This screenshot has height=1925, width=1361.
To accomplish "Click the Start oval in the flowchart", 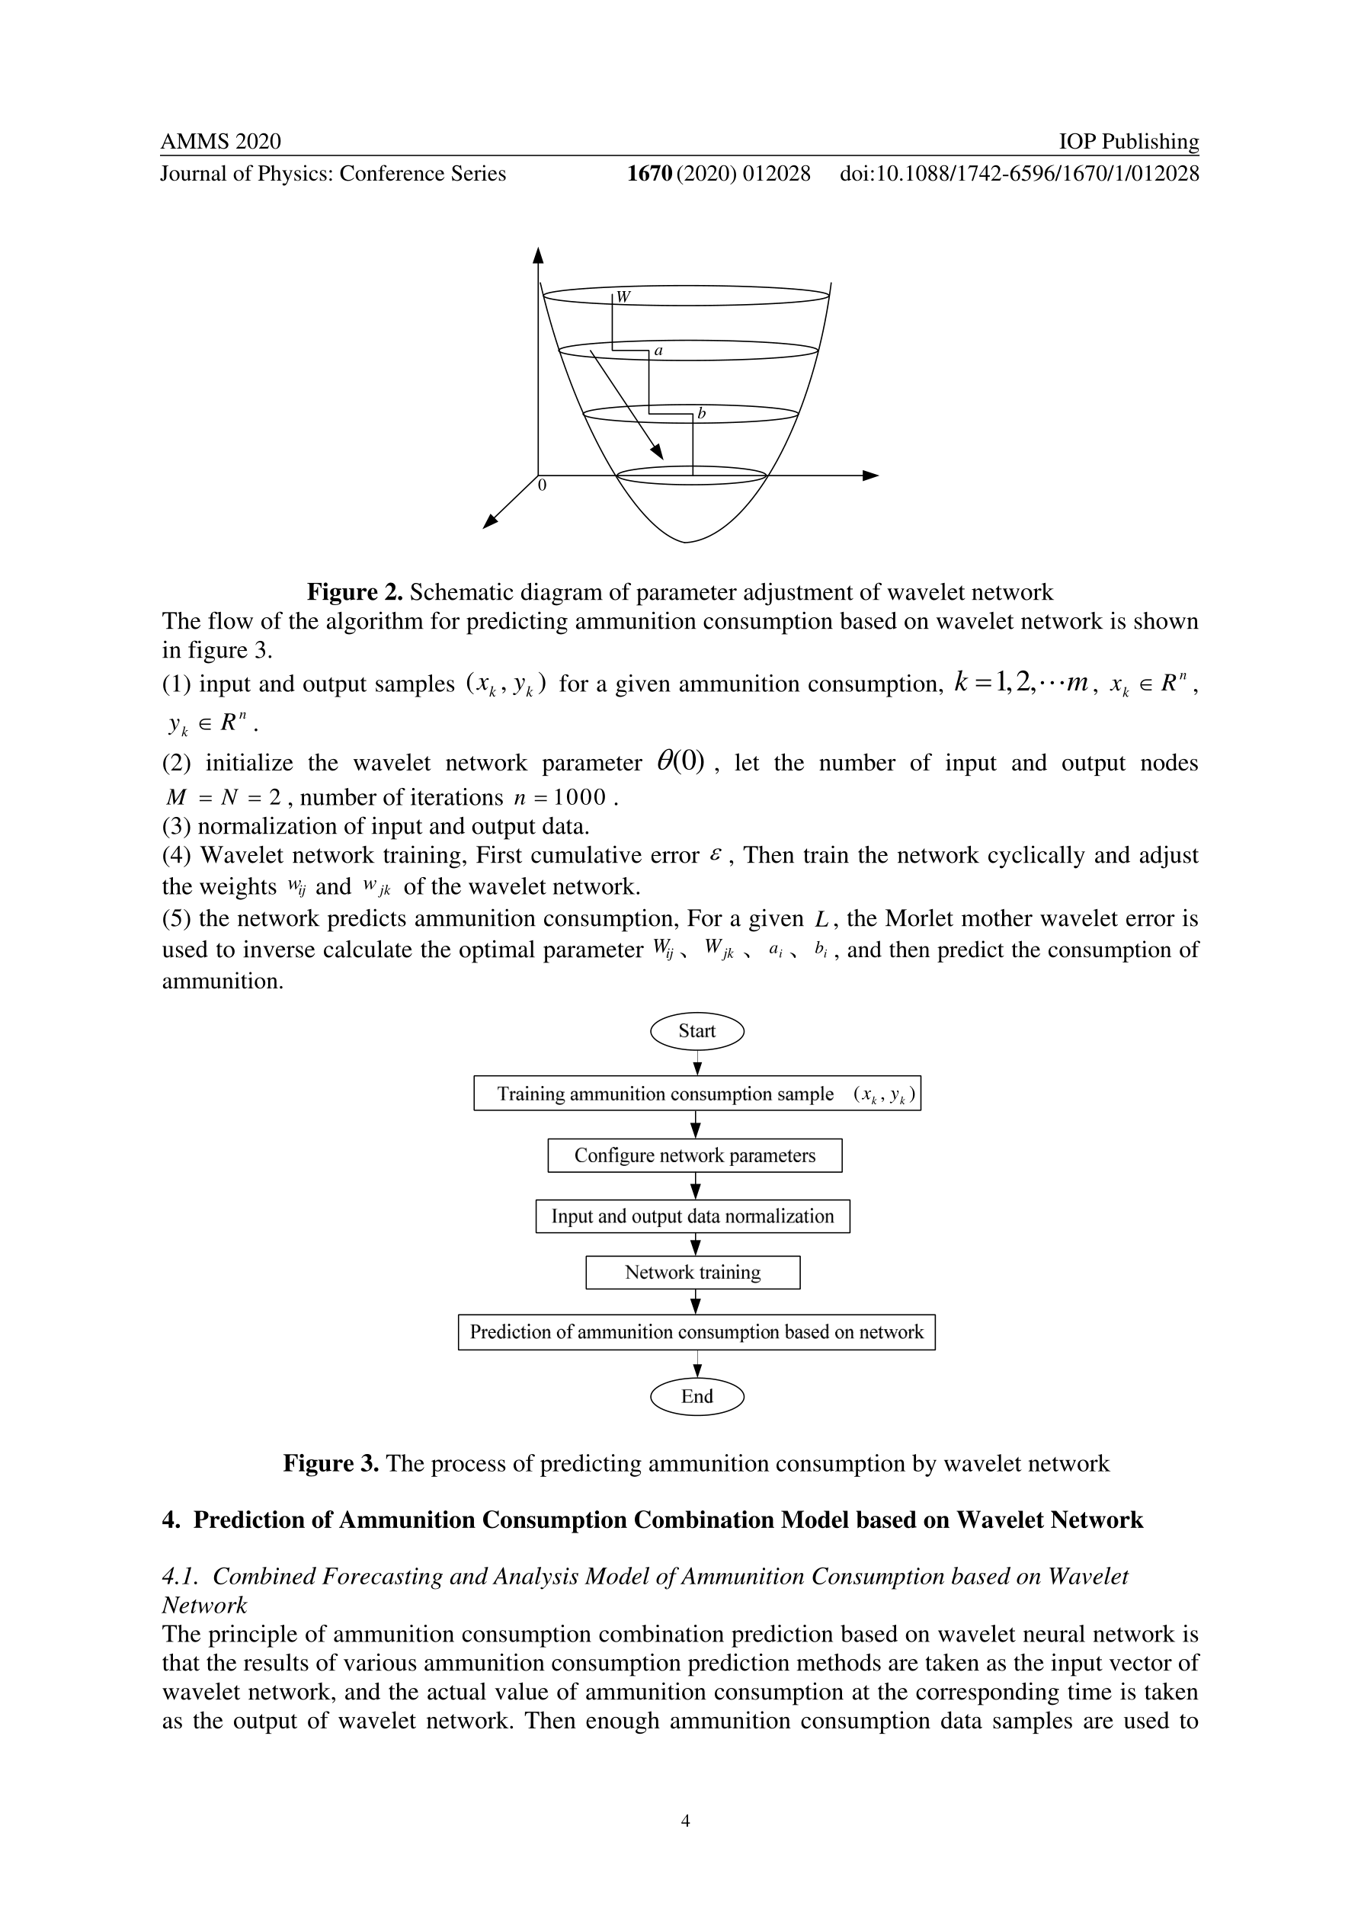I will (x=697, y=1031).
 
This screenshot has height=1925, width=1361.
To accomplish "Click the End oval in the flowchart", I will (x=697, y=1397).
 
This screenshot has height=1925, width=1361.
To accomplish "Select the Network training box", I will (x=693, y=1273).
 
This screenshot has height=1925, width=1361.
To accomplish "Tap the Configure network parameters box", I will (x=694, y=1155).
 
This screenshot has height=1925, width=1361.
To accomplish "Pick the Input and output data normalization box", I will (x=693, y=1216).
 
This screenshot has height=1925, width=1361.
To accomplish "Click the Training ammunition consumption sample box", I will (x=697, y=1094).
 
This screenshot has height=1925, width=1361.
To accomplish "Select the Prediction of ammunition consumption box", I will (x=696, y=1332).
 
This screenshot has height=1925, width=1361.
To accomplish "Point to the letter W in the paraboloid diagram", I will (x=623, y=296).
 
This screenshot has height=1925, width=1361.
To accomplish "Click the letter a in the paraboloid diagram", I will (x=658, y=351).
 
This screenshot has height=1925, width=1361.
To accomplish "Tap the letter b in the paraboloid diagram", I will (x=702, y=413).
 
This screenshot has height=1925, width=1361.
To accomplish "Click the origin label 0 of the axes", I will (x=543, y=485).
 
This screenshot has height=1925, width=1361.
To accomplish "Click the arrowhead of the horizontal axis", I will (x=871, y=476).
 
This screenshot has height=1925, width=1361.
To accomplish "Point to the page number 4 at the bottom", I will (x=685, y=1843).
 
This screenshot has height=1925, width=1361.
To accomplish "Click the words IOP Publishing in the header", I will (x=1129, y=142).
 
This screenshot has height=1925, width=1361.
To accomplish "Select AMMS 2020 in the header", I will (x=220, y=142).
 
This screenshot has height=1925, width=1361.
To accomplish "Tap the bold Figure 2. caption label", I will (x=354, y=593).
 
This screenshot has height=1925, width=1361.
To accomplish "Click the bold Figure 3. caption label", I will (x=331, y=1464).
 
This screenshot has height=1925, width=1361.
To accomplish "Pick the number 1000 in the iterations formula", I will (x=578, y=797).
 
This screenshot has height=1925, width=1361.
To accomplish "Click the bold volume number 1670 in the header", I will (x=650, y=174).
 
